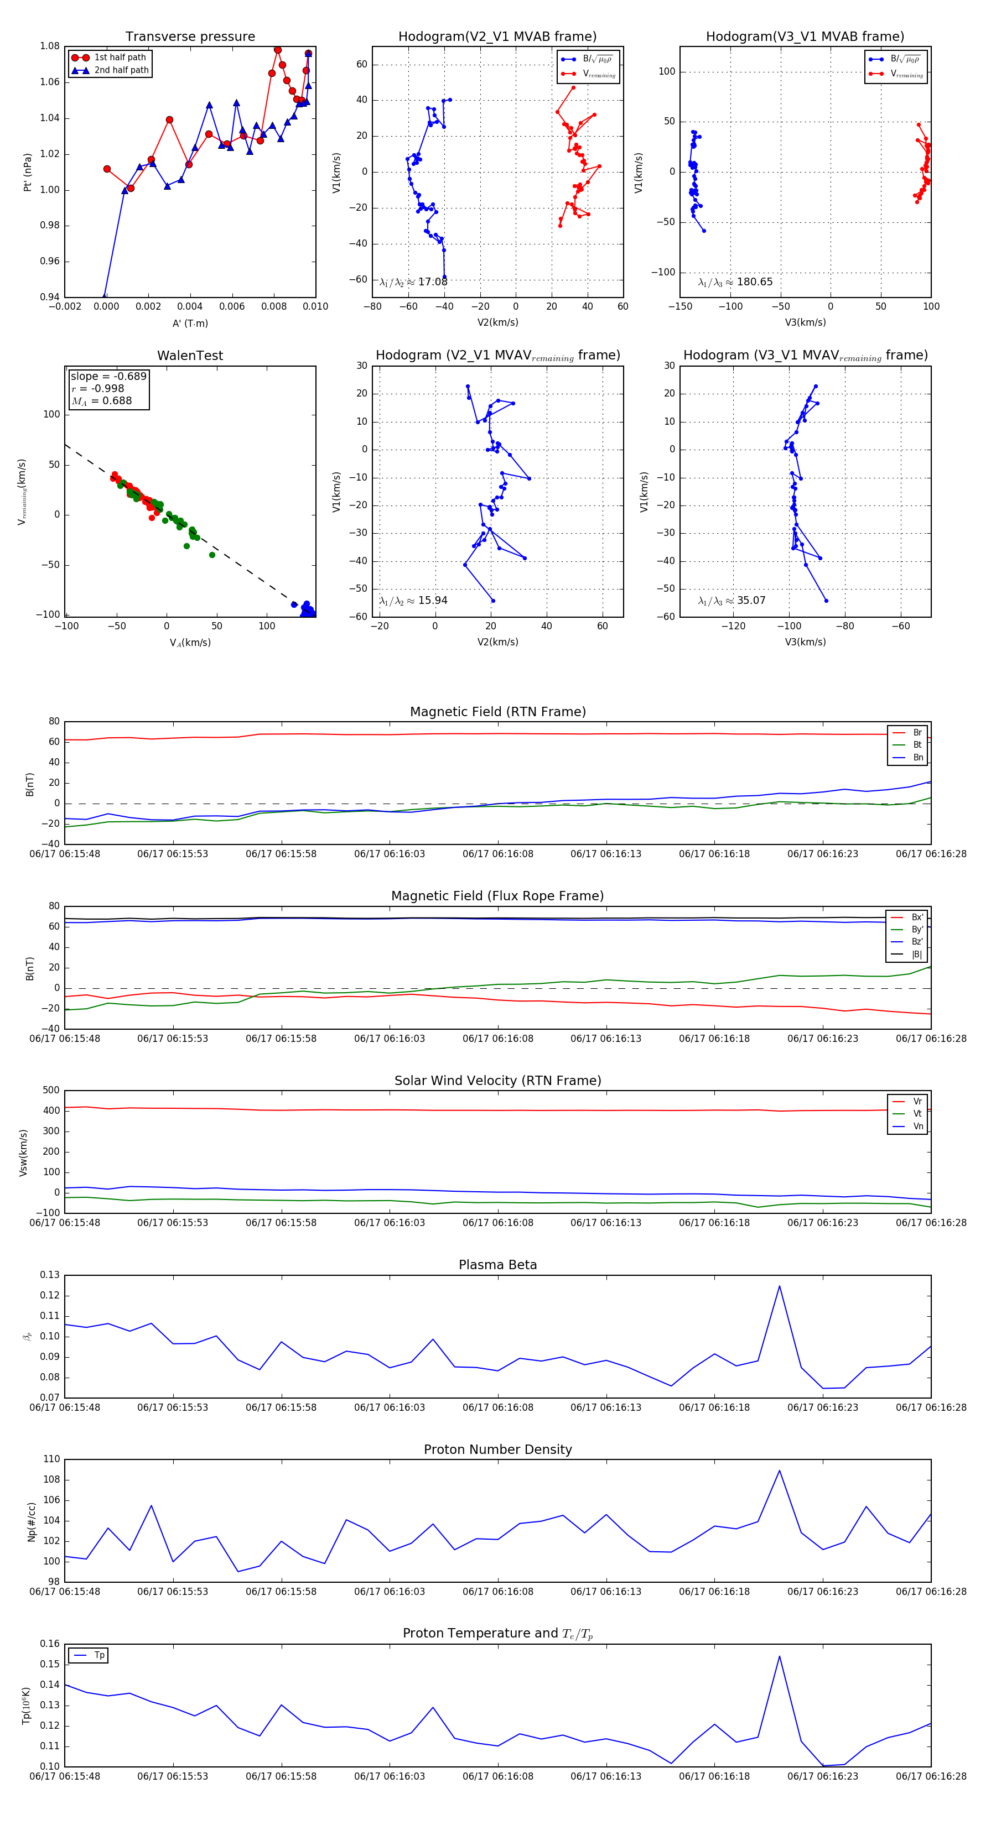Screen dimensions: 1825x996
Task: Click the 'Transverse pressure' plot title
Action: pyautogui.click(x=190, y=37)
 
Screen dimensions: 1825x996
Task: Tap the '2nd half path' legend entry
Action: pyautogui.click(x=121, y=70)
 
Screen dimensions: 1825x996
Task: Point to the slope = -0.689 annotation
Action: pyautogui.click(x=108, y=376)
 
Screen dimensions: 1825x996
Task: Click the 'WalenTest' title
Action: pyautogui.click(x=190, y=356)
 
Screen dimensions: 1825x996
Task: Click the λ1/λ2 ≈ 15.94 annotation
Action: pyautogui.click(x=413, y=601)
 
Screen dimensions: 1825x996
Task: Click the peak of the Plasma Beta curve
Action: pyautogui.click(x=779, y=1286)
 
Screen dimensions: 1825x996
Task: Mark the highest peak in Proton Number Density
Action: pyautogui.click(x=779, y=1471)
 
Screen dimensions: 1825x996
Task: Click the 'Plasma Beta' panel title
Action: pyautogui.click(x=497, y=1265)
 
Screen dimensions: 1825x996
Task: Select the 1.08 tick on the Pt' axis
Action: pyautogui.click(x=50, y=46)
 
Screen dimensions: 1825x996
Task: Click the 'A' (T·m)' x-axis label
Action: pyautogui.click(x=190, y=323)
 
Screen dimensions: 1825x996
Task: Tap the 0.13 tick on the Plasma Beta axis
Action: pyautogui.click(x=50, y=1275)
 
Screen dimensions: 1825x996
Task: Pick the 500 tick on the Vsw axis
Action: pyautogui.click(x=51, y=1091)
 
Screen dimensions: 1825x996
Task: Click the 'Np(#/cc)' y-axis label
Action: pyautogui.click(x=31, y=1520)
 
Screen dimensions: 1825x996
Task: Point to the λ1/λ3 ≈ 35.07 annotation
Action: pyautogui.click(x=732, y=601)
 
